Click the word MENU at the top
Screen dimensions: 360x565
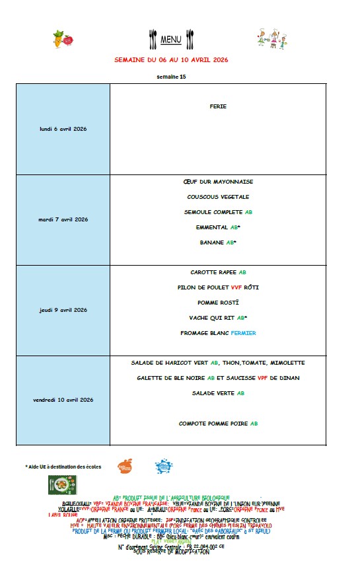click(171, 40)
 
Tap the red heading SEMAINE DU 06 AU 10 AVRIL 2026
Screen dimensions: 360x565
click(171, 59)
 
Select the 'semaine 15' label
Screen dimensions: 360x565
click(171, 77)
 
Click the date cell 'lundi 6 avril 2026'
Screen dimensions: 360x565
click(63, 129)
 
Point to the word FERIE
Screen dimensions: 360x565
click(218, 106)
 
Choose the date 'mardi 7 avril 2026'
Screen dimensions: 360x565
click(63, 219)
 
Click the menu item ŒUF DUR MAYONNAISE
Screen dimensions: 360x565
click(218, 182)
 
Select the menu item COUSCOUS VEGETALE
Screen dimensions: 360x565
click(218, 197)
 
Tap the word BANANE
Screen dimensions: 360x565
click(211, 243)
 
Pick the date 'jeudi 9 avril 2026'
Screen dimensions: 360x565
click(63, 310)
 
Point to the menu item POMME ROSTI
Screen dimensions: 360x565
click(218, 303)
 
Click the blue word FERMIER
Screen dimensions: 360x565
click(243, 333)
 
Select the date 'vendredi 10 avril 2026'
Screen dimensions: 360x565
click(63, 400)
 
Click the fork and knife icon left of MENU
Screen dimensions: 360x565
click(153, 39)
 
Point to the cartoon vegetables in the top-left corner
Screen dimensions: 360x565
click(62, 39)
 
